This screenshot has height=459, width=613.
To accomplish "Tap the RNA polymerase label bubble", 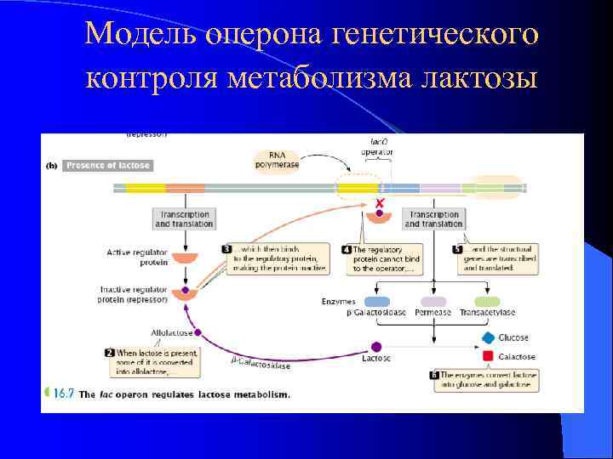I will [x=278, y=160].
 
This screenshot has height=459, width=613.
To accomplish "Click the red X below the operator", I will [x=380, y=205].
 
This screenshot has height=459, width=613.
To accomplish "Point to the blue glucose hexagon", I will [x=488, y=337].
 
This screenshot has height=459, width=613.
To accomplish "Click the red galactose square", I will [x=488, y=356].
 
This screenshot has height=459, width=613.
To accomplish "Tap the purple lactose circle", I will [x=376, y=346].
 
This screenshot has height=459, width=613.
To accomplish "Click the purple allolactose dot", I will [x=198, y=332].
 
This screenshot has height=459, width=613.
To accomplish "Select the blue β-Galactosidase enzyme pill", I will [x=376, y=302].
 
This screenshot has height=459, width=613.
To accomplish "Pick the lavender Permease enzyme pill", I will [x=433, y=302].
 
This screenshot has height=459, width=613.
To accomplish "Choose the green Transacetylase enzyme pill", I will [x=487, y=302].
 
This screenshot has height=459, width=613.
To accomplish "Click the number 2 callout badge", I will [x=110, y=352].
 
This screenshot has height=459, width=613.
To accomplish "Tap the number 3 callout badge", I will [x=227, y=248].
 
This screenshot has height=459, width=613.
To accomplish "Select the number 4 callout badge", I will [x=347, y=249].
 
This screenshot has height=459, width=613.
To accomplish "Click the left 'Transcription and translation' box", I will [x=183, y=219].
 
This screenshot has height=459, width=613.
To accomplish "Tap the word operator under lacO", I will [x=377, y=152].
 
